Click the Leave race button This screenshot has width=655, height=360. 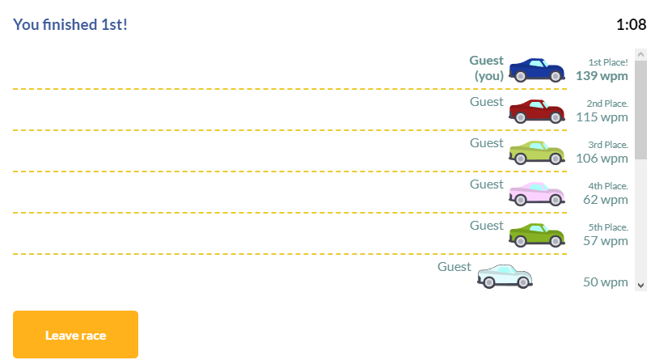pyautogui.click(x=75, y=334)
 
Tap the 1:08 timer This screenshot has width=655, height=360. pyautogui.click(x=631, y=24)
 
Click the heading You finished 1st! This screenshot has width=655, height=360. pyautogui.click(x=70, y=24)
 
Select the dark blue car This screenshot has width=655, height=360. pyautogui.click(x=535, y=70)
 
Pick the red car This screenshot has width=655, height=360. pyautogui.click(x=535, y=111)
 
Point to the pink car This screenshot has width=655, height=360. pyautogui.click(x=535, y=194)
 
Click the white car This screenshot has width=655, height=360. pyautogui.click(x=505, y=277)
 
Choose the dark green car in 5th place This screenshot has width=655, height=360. pyautogui.click(x=535, y=235)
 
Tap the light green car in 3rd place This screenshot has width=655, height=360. pyautogui.click(x=535, y=152)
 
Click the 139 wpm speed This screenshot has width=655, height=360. pyautogui.click(x=602, y=75)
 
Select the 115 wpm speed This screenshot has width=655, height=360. pyautogui.click(x=602, y=116)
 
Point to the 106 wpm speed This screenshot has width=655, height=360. pyautogui.click(x=602, y=158)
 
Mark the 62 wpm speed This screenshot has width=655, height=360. pyautogui.click(x=605, y=199)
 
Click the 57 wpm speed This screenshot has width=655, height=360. pyautogui.click(x=605, y=240)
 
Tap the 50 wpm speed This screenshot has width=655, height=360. pyautogui.click(x=605, y=282)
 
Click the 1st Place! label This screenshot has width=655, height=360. pyautogui.click(x=608, y=61)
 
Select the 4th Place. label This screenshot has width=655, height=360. pyautogui.click(x=608, y=185)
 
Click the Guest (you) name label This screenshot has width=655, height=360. pyautogui.click(x=487, y=68)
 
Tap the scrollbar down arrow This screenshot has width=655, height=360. pyautogui.click(x=641, y=284)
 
